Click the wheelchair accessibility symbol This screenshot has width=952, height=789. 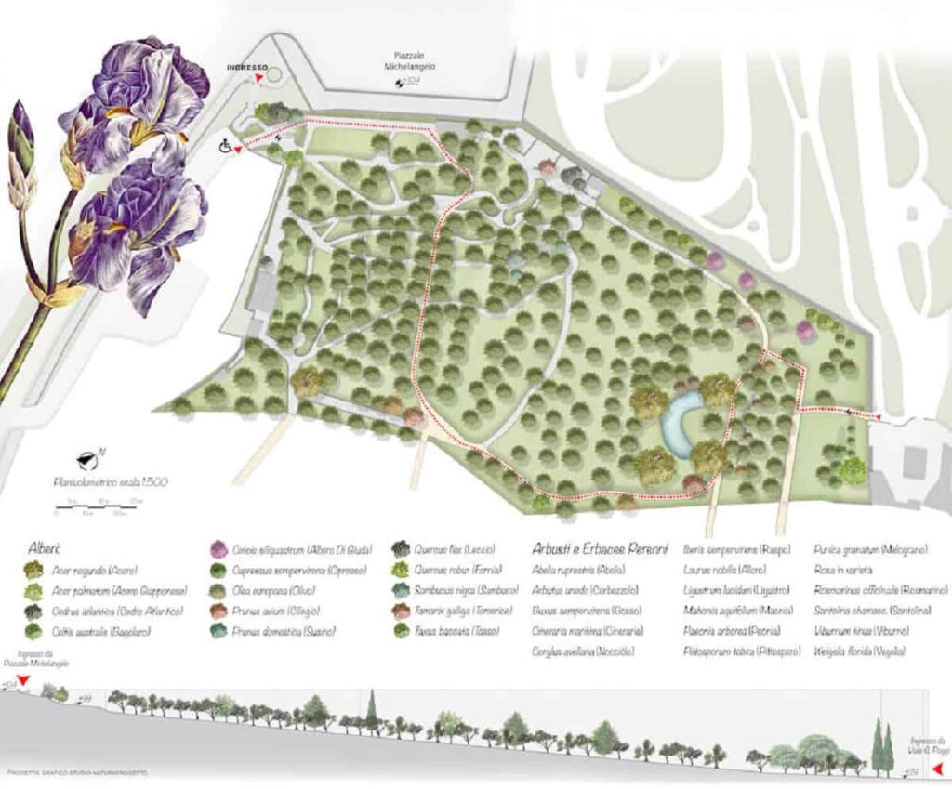tap(225, 146)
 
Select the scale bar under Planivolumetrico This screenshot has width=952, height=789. tap(99, 506)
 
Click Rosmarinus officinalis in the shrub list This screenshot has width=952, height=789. tap(880, 590)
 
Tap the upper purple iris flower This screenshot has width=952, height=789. tap(139, 102)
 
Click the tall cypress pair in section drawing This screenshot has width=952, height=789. tap(881, 746)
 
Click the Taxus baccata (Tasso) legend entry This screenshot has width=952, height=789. tap(452, 632)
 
